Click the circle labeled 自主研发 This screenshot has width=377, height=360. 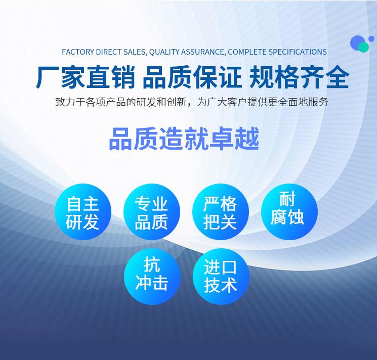point(83,211)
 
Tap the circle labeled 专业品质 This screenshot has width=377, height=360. point(152,211)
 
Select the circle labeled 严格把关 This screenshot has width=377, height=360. point(221,211)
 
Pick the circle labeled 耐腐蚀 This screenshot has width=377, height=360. point(289,211)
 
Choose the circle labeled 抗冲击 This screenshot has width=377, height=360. point(152,277)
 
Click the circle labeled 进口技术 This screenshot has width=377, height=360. point(221,277)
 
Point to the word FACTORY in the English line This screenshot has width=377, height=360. point(78,52)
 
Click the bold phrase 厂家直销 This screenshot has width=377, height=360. point(86,77)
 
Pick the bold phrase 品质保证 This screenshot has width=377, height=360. point(192,77)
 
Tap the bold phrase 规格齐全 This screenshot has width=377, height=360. point(299,77)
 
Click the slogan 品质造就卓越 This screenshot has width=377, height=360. point(184,139)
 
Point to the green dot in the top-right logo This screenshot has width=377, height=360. point(363,47)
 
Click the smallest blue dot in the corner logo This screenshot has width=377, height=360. point(371,38)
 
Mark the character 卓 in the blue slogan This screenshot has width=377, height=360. point(222,139)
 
